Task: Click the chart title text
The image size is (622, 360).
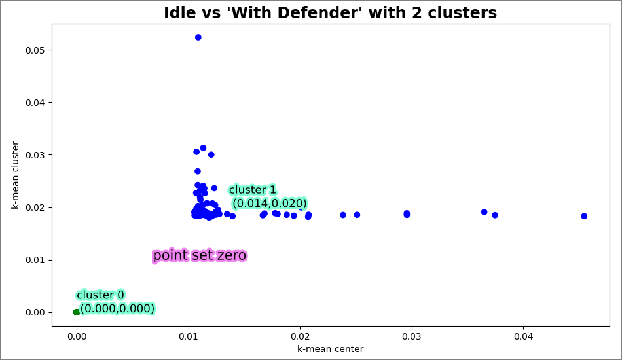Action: coord(330,13)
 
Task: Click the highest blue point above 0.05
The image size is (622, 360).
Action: coord(198,37)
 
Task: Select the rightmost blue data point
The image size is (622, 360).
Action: coord(584,216)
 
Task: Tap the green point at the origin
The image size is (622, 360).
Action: coord(77,312)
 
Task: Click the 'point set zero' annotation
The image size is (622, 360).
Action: coord(200,256)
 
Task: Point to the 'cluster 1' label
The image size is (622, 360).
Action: coord(253,190)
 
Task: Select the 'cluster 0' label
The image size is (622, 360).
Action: coord(100,295)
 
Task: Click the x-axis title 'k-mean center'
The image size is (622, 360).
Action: coord(330,350)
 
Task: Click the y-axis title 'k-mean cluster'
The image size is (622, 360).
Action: coord(15,175)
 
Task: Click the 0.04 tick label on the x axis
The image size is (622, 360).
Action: coord(523,336)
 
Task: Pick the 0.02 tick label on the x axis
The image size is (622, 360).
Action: coord(300,336)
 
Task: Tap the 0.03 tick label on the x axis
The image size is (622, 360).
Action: coord(412,336)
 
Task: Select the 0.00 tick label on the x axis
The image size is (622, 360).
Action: coord(77,336)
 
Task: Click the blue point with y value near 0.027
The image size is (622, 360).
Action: coord(198,171)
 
